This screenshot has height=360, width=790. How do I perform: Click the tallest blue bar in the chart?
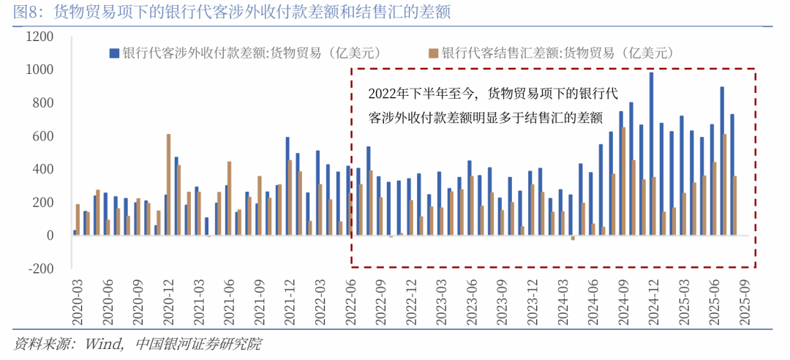[x=651, y=154]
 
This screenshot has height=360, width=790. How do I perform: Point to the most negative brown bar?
[x=573, y=238]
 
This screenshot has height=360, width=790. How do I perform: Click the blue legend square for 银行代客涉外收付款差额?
[x=113, y=53]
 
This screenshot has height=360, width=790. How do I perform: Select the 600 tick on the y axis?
[x=41, y=136]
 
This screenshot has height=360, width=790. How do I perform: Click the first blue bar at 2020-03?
[x=75, y=233]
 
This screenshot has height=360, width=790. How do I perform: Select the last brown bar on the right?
[x=734, y=206]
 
